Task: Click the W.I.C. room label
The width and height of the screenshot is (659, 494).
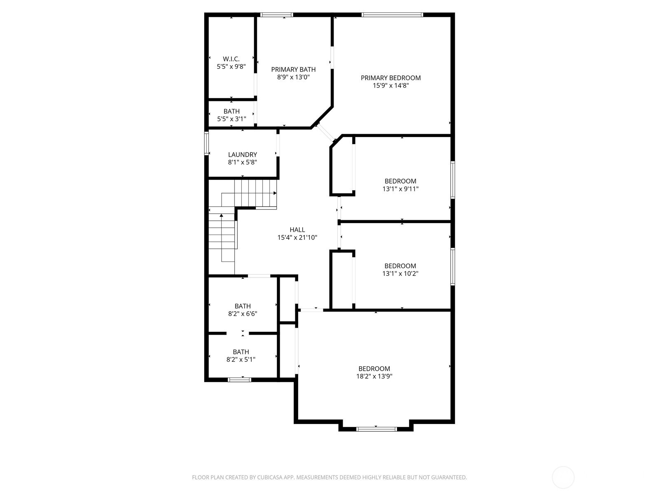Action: coord(231,59)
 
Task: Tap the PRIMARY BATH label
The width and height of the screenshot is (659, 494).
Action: coord(293,70)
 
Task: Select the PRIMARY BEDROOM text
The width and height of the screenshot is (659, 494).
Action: coord(390,78)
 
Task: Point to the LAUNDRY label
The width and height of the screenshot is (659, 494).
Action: coord(242,155)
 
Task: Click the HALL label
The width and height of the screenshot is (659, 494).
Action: coord(297,230)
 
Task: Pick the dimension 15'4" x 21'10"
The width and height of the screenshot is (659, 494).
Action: coord(297,238)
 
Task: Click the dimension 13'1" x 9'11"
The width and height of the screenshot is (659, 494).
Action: coord(400,189)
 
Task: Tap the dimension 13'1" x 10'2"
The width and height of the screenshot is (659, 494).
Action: coord(400,273)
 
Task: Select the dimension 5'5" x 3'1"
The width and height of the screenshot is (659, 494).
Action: coord(231,119)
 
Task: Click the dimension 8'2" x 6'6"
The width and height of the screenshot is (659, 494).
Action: coord(243,314)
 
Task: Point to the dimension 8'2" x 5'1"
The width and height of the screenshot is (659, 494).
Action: coord(241,359)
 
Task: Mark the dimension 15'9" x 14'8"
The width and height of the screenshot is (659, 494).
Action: coord(390,86)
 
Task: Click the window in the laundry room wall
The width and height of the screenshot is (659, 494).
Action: coord(206,143)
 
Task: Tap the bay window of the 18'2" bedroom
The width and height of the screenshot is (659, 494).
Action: coord(376,429)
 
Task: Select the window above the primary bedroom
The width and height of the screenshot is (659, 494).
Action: coord(392,14)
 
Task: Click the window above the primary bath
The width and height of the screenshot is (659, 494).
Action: coord(276,14)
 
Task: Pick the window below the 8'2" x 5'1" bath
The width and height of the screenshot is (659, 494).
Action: coord(239,380)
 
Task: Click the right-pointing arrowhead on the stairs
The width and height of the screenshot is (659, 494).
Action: coord(275,193)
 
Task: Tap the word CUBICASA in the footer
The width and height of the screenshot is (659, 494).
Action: coord(270,477)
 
